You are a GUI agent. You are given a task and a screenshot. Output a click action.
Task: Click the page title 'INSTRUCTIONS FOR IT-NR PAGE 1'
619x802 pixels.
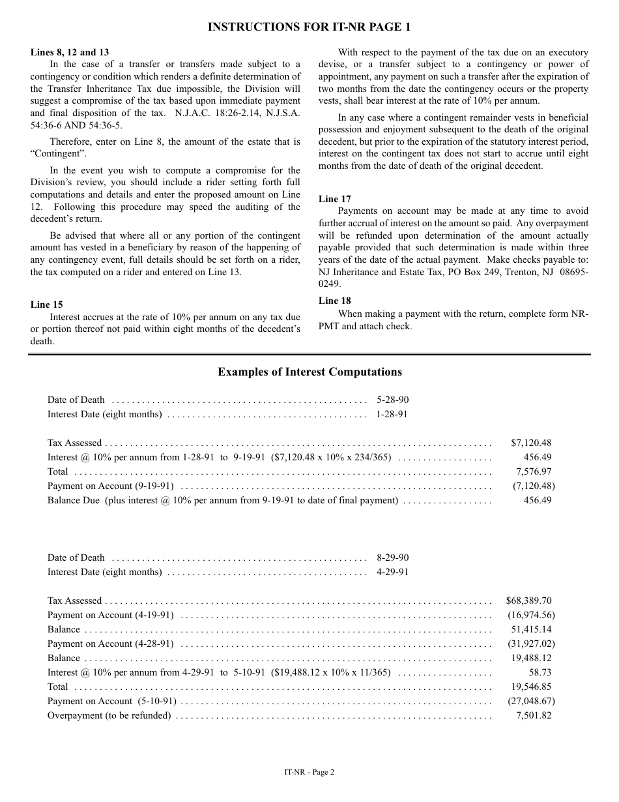pyautogui.click(x=309, y=27)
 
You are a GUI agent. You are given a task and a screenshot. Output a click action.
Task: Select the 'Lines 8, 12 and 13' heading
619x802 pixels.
pyautogui.click(x=70, y=52)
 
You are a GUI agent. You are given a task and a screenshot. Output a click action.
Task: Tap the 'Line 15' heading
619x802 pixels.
pyautogui.click(x=46, y=304)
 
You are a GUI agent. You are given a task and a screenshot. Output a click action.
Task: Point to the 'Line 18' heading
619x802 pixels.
pyautogui.click(x=334, y=301)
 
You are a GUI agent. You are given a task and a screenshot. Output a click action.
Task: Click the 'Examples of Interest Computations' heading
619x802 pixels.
pyautogui.click(x=309, y=372)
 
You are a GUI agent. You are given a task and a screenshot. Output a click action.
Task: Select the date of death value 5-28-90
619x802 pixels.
pyautogui.click(x=392, y=400)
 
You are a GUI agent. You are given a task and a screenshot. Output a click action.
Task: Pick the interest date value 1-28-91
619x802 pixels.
pyautogui.click(x=392, y=414)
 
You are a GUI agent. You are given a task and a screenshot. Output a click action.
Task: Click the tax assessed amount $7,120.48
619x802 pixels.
pyautogui.click(x=531, y=443)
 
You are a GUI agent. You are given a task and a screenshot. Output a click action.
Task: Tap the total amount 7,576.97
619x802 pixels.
pyautogui.click(x=534, y=471)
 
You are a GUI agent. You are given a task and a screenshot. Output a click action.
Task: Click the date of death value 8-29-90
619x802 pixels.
pyautogui.click(x=392, y=557)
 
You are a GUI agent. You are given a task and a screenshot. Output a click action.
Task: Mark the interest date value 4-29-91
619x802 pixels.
pyautogui.click(x=392, y=572)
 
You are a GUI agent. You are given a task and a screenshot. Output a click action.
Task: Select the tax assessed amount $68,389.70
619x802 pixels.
pyautogui.click(x=528, y=601)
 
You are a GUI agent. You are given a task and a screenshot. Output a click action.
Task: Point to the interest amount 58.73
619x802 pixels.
pyautogui.click(x=540, y=672)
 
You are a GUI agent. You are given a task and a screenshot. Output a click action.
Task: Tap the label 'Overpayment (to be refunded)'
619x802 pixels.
pyautogui.click(x=109, y=715)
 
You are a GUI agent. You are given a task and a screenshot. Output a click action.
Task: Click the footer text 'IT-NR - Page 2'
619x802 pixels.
pyautogui.click(x=309, y=772)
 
